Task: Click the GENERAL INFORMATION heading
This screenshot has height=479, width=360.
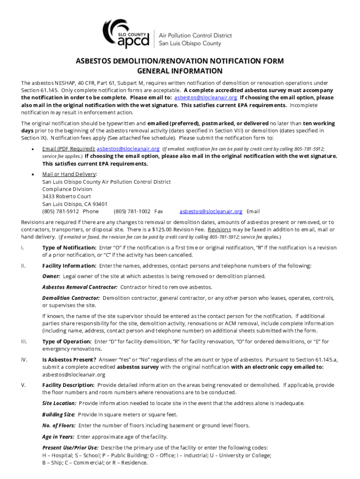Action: pos(180,71)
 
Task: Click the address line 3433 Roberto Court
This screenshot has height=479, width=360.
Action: pos(66,196)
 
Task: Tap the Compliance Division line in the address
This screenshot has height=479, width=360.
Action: pos(67,189)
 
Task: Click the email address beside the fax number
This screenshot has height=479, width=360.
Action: pos(211,211)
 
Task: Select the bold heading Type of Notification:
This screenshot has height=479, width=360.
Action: pos(69,247)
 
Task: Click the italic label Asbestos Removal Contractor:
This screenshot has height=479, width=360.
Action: pos(79,287)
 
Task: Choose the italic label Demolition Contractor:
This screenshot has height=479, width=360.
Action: pos(71,298)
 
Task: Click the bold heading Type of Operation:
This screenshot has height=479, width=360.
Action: pos(67,341)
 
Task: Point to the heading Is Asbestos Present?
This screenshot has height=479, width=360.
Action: pos(69,360)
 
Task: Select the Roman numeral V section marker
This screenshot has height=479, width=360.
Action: pos(23,385)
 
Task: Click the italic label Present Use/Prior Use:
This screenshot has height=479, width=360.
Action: pos(70,448)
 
